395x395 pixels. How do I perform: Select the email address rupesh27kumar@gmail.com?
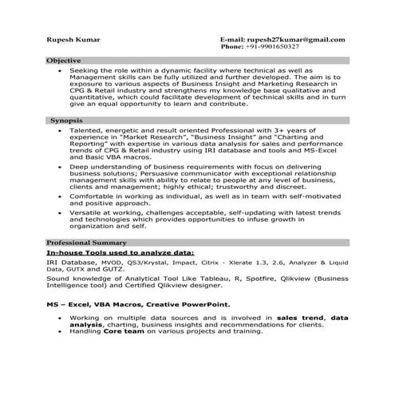pos(294,39)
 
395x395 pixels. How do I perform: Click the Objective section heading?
pos(63,61)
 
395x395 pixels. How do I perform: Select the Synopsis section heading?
pos(65,119)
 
